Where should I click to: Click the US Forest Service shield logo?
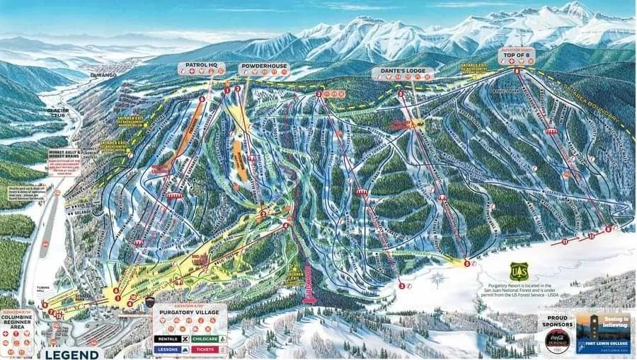(x=519, y=271)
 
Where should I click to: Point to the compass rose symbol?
(x=437, y=278)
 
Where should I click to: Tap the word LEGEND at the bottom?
(x=71, y=354)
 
